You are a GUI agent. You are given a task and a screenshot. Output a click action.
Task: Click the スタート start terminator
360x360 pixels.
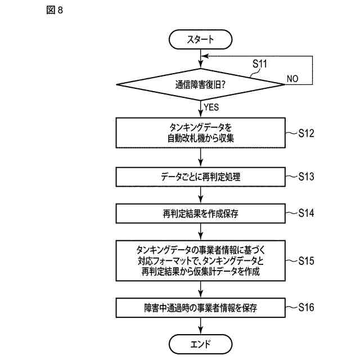coord(201,39)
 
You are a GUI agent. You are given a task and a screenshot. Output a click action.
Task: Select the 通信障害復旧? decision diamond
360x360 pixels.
coord(201,85)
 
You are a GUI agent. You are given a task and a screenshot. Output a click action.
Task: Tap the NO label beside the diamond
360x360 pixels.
coord(292,79)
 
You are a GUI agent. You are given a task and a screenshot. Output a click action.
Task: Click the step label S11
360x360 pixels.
coord(259,64)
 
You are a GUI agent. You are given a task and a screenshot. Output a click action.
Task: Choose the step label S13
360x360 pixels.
coord(310,176)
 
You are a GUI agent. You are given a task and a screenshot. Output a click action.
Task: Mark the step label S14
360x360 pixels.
coord(310,213)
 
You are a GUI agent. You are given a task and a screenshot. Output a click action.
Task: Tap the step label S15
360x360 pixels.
coord(310,261)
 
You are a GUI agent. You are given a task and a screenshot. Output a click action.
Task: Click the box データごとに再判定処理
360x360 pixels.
coord(201,177)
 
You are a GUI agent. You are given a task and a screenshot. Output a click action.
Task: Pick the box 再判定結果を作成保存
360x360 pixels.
coord(201,214)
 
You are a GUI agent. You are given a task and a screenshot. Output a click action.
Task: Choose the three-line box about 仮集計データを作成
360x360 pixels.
coord(201,261)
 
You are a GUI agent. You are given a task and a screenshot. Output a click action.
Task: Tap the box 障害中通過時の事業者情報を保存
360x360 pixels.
coord(201,308)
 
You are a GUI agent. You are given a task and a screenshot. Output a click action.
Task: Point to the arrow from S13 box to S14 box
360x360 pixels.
coord(201,195)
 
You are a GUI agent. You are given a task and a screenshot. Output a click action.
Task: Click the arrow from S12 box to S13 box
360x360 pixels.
coord(201,157)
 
